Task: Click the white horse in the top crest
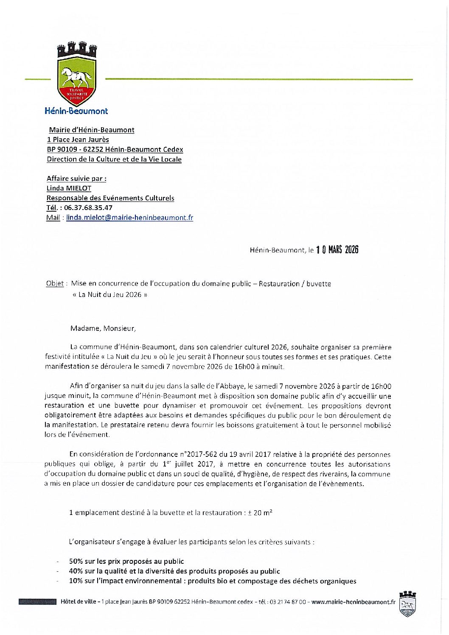click(76, 78)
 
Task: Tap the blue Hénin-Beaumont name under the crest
click(76, 111)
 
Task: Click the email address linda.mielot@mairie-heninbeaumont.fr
click(129, 218)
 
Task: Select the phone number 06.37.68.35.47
click(88, 208)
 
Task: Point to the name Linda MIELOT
click(69, 188)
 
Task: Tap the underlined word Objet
click(55, 283)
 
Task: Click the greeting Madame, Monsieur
click(103, 328)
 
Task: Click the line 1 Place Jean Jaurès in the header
click(78, 140)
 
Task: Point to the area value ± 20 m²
click(260, 512)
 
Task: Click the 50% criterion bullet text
click(126, 561)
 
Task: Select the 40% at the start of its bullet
click(76, 571)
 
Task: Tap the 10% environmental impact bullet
click(212, 581)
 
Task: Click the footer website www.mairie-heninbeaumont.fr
click(353, 601)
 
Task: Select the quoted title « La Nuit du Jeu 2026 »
click(110, 294)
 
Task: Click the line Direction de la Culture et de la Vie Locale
click(114, 159)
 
